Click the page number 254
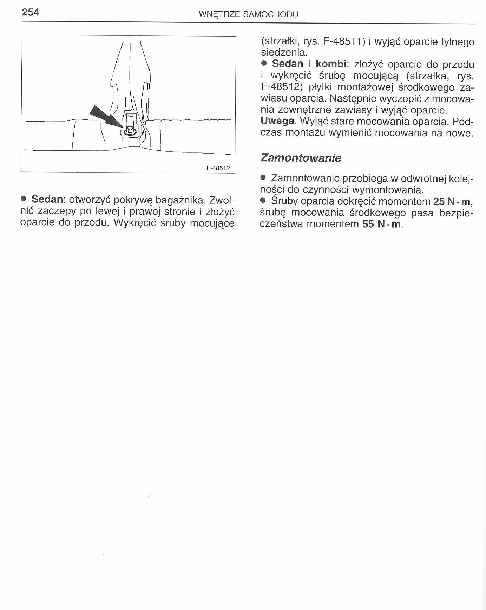(31, 12)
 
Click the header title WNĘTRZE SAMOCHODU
(248, 14)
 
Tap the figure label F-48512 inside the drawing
(218, 168)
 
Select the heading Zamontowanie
(301, 158)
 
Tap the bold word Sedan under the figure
(47, 199)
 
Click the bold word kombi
(331, 64)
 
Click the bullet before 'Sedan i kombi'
(264, 64)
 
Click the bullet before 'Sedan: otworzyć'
(24, 199)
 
